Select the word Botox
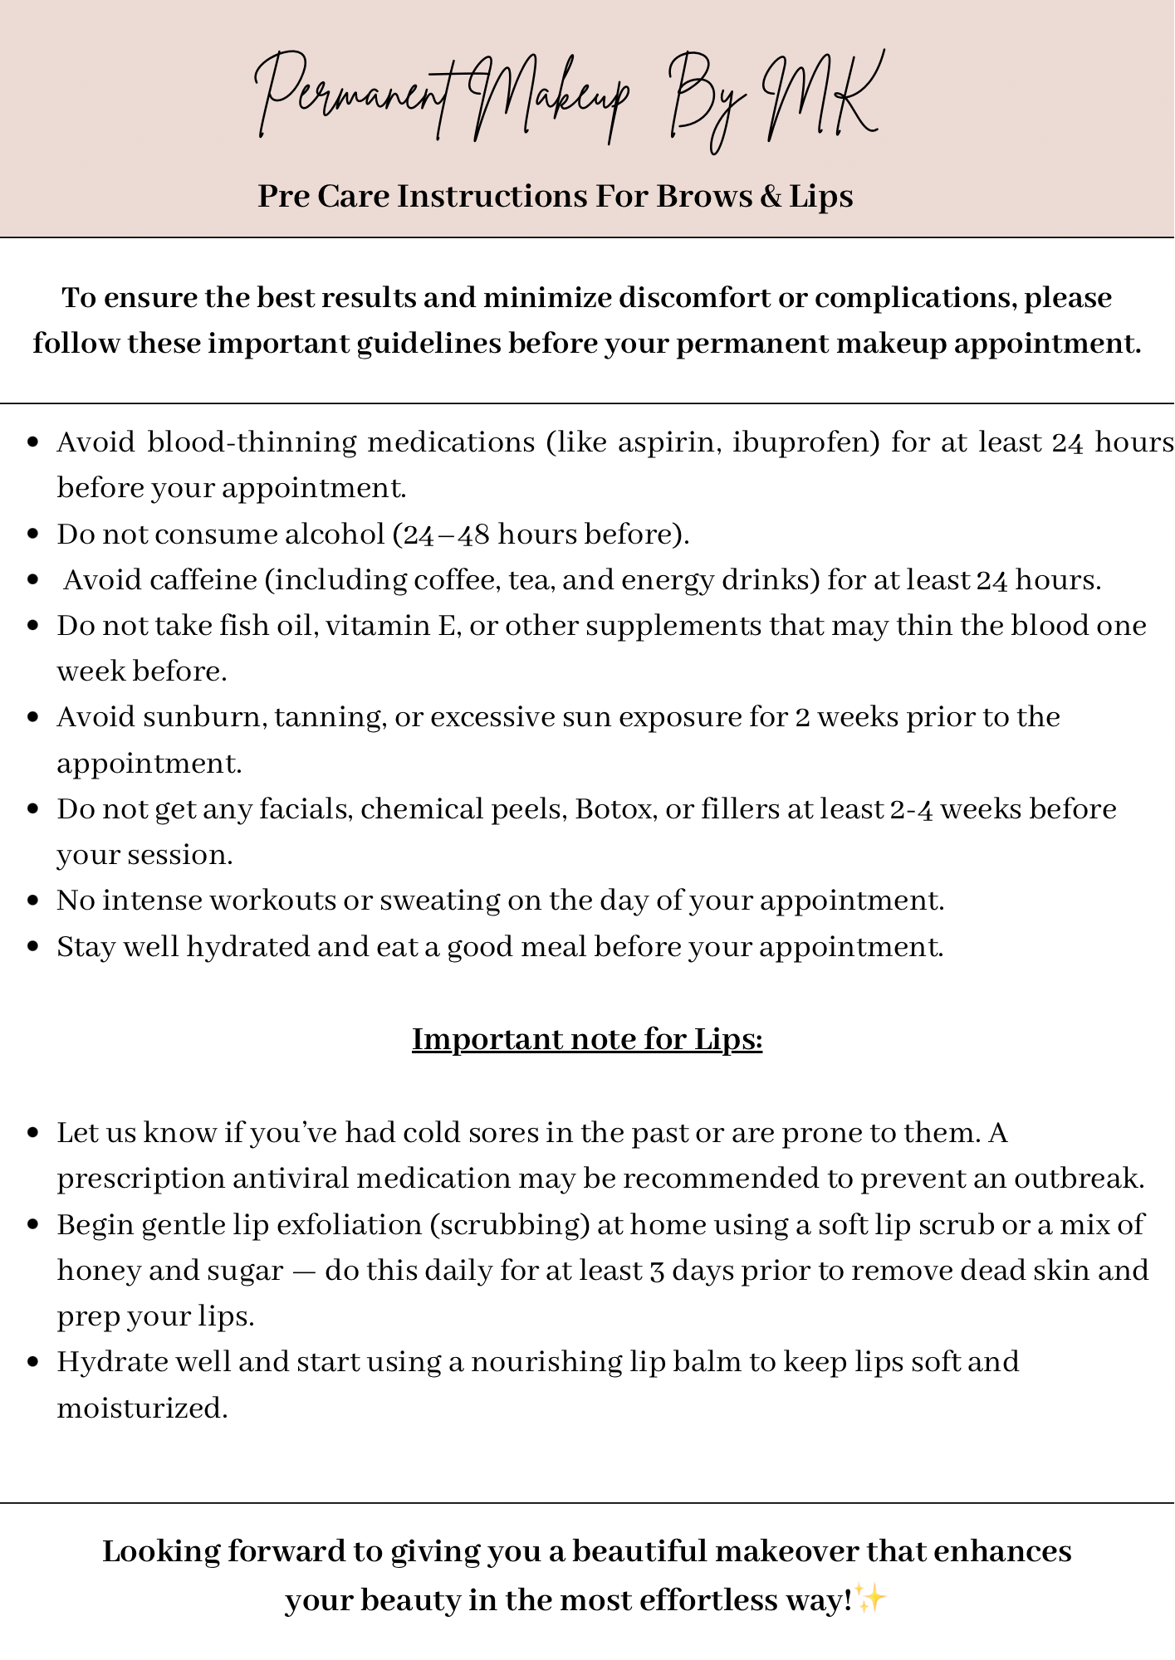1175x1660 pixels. click(614, 808)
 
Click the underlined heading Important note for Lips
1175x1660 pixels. click(587, 1039)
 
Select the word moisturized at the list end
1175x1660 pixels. click(142, 1408)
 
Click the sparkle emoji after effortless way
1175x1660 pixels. click(871, 1598)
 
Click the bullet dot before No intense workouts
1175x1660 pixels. click(33, 901)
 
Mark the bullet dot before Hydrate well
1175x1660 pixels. click(33, 1362)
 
